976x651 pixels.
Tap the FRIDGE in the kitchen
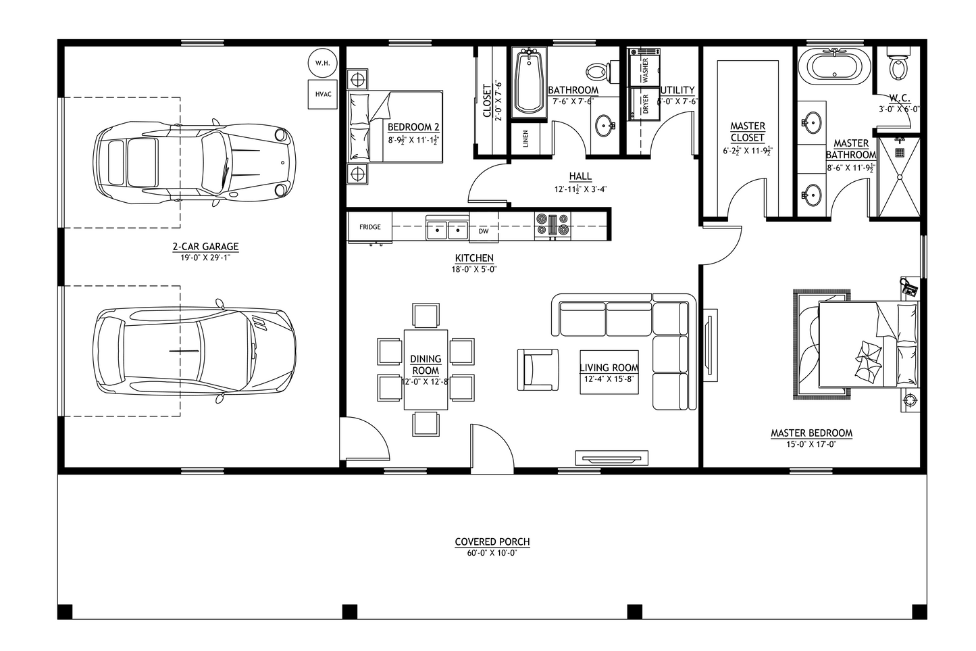(369, 227)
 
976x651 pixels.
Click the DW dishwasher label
(484, 231)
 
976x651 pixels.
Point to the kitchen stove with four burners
(553, 226)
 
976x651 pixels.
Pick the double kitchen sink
(447, 230)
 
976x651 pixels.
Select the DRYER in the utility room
(644, 103)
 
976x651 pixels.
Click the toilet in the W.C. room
(898, 65)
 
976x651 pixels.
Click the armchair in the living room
(538, 369)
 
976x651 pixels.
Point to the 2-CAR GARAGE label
(205, 247)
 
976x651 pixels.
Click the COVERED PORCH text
(492, 541)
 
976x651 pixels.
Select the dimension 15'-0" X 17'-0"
(811, 444)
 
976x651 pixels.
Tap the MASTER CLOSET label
(747, 132)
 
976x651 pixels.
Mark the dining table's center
(426, 369)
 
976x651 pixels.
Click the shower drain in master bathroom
(899, 153)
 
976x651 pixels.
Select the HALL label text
(580, 176)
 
